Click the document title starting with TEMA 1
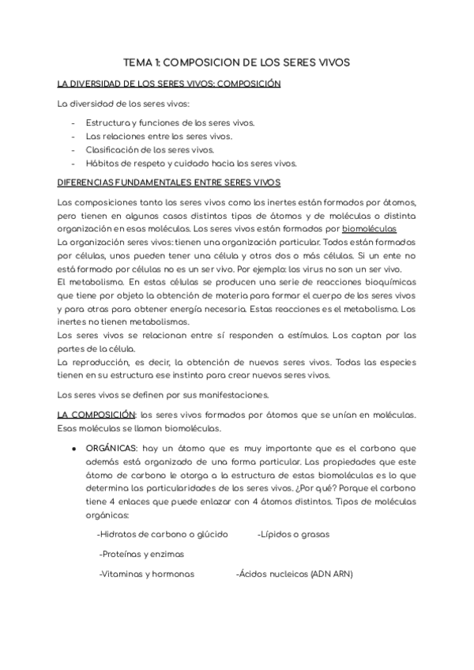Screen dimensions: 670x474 click(237, 61)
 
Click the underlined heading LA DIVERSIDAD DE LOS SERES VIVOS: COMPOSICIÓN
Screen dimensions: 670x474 click(169, 83)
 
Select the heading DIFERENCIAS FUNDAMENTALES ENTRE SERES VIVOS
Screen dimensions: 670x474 click(169, 182)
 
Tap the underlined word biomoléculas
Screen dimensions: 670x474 click(381, 230)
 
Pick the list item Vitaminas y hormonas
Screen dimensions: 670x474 click(146, 574)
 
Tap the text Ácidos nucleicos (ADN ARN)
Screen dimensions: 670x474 click(295, 574)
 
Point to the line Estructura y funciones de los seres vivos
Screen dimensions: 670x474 click(170, 123)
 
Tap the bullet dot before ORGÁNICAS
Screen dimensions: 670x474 click(73, 448)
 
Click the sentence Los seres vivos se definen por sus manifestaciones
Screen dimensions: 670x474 click(164, 394)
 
